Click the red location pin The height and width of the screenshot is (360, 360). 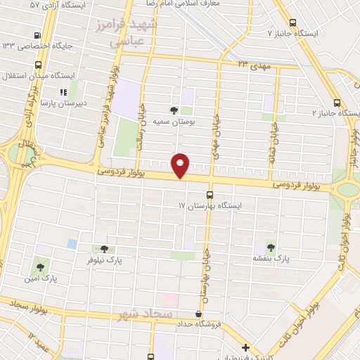pos(181,165)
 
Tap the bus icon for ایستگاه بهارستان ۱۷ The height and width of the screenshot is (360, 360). pos(209,195)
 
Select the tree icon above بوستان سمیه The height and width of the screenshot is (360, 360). pos(174,110)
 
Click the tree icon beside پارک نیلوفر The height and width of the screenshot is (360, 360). pos(104,249)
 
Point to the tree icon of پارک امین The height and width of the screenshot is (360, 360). pos(40,267)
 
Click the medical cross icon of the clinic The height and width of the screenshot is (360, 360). pos(245,347)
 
